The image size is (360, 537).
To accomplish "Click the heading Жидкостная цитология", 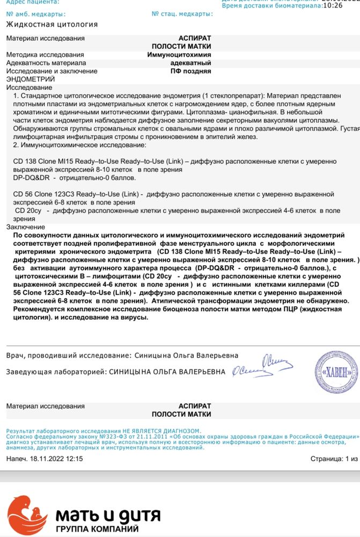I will (52, 25).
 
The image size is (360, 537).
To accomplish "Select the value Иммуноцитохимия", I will (179, 55).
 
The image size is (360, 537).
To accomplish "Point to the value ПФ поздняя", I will (190, 71).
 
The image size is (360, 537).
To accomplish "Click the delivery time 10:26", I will (333, 6).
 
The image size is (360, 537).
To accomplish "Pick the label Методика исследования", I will (45, 55).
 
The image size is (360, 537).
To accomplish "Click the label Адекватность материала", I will (46, 63).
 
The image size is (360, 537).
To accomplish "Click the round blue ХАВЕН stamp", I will (336, 372).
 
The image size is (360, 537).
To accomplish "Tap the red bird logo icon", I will (27, 515).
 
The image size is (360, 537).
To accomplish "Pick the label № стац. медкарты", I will (182, 13).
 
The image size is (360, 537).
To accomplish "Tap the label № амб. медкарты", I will (36, 13).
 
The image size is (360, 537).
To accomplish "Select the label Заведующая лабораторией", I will (56, 372).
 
